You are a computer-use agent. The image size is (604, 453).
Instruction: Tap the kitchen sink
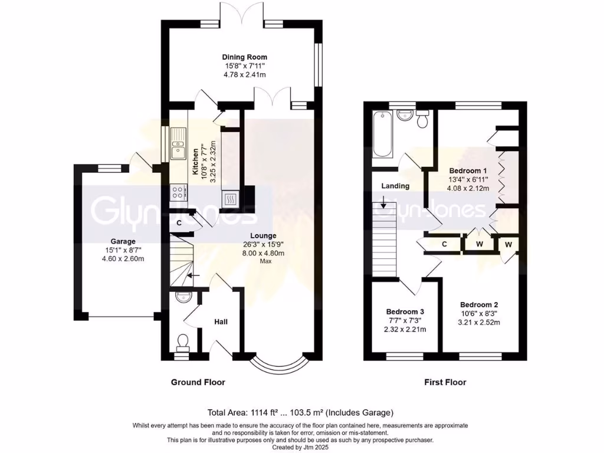(178, 146)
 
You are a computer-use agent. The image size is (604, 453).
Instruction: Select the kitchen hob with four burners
(178, 192)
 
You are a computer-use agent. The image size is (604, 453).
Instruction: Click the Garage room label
(123, 241)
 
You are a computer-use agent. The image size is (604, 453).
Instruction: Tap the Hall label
(221, 321)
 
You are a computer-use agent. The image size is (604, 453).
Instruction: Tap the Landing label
(395, 186)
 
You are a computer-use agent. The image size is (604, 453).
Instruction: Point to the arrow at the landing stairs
(383, 205)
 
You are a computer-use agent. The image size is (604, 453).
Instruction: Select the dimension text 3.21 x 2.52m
(480, 323)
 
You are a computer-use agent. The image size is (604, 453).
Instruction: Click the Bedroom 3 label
(405, 311)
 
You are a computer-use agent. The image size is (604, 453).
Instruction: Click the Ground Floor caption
(198, 382)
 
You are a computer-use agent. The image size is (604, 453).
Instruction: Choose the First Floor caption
(445, 382)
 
